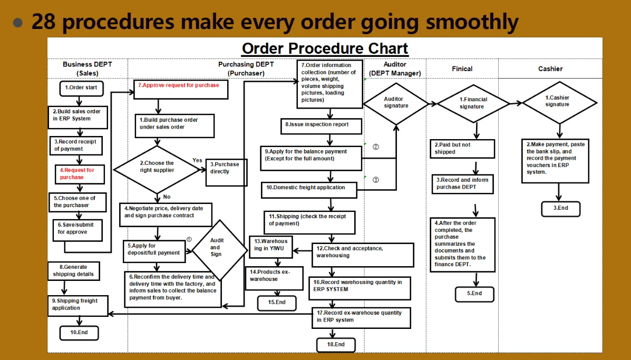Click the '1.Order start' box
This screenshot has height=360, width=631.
[x=81, y=87]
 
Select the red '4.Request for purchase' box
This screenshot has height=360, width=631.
[x=80, y=174]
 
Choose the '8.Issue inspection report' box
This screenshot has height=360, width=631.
[x=321, y=126]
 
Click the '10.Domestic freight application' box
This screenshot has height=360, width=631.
[x=309, y=188]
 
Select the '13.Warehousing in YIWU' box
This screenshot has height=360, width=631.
[x=271, y=245]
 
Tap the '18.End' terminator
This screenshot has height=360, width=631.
[x=335, y=345]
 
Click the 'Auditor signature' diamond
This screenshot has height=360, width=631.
[x=396, y=103]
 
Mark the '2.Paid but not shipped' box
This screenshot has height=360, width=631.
[x=463, y=149]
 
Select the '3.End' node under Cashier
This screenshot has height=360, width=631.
[x=561, y=208]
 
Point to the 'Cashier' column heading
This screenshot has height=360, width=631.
[x=550, y=69]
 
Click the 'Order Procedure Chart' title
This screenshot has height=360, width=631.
[x=325, y=49]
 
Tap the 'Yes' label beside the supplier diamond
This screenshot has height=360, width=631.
[x=197, y=160]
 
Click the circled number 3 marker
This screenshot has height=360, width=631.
[x=376, y=179]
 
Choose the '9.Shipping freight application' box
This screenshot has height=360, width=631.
[x=79, y=305]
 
